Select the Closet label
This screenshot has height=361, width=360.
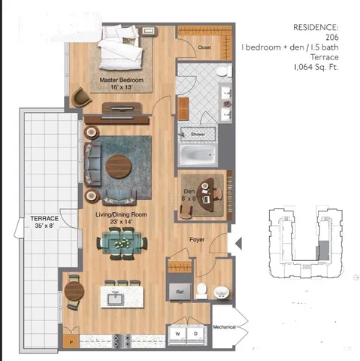[204, 47]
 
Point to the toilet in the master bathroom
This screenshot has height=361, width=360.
[222, 71]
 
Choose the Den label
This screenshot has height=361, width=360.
[189, 192]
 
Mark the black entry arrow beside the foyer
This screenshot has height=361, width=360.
[239, 243]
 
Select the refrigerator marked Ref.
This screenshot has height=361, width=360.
[180, 290]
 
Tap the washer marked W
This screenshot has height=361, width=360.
[178, 332]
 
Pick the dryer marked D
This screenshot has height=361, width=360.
[195, 332]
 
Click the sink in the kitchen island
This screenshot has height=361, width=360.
[116, 300]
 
